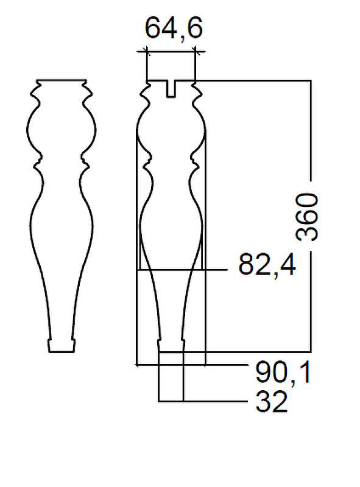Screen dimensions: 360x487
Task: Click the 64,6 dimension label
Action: click(174, 29)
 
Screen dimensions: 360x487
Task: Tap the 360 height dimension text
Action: click(307, 217)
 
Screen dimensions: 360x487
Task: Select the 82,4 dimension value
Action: click(267, 265)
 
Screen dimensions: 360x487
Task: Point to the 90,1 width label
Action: click(283, 373)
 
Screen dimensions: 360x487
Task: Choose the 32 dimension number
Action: click(272, 402)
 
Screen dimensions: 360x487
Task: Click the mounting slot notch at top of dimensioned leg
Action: click(171, 89)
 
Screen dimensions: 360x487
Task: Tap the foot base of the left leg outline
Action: click(62, 346)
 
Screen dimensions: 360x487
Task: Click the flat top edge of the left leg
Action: click(62, 80)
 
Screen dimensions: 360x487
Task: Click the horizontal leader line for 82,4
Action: click(183, 270)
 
